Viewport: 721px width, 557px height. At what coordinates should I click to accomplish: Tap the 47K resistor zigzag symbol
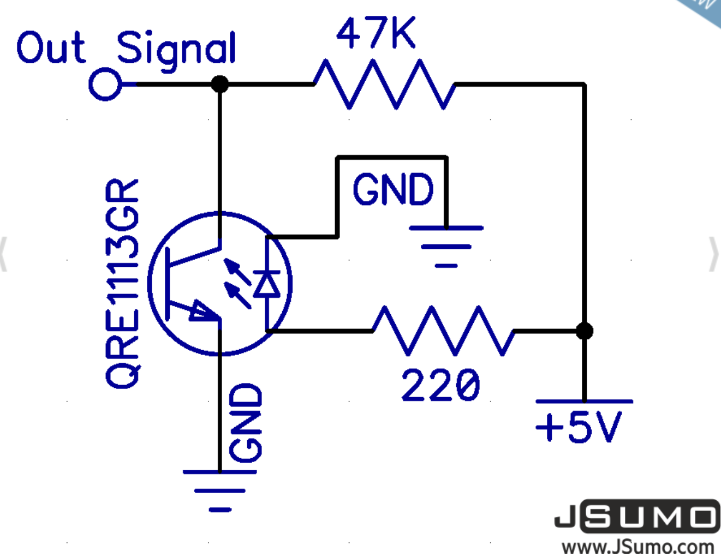[x=384, y=84]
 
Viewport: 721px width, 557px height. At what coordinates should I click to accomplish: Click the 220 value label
[x=440, y=385]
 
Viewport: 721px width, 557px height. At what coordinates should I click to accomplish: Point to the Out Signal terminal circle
[x=105, y=85]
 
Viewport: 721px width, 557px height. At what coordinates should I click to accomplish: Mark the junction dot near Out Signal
[x=219, y=84]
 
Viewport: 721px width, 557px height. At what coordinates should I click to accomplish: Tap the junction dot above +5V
[x=584, y=331]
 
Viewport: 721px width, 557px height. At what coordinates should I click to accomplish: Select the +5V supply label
[x=579, y=426]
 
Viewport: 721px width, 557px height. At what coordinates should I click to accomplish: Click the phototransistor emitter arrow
[x=202, y=312]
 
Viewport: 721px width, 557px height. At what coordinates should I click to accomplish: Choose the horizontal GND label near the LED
[x=393, y=190]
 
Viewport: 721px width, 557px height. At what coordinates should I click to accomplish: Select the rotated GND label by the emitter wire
[x=246, y=422]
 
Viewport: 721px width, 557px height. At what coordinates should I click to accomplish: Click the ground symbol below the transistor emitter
[x=220, y=490]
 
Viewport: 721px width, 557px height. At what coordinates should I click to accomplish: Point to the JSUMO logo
[x=636, y=516]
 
